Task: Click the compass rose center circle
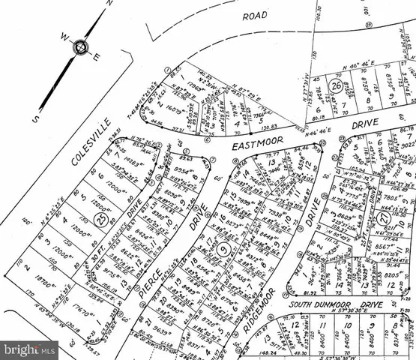pyautogui.click(x=79, y=48)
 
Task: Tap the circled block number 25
pyautogui.click(x=103, y=220)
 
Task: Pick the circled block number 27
pyautogui.click(x=385, y=218)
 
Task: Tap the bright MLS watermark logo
pyautogui.click(x=28, y=349)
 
